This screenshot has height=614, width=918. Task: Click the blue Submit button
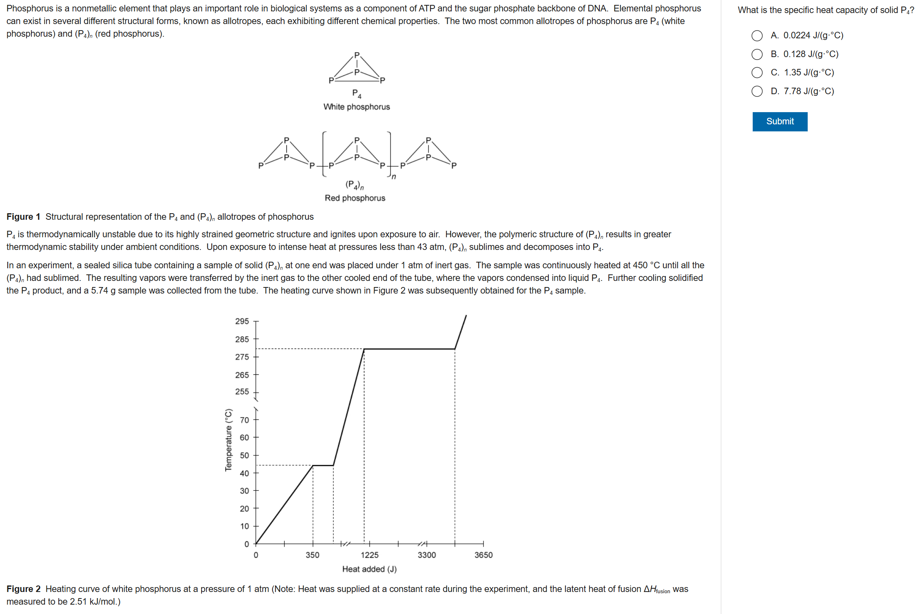coord(779,121)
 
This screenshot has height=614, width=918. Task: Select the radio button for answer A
coord(757,36)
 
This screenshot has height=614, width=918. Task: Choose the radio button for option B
coord(757,54)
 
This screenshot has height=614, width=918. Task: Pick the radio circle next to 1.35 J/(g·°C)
coord(757,73)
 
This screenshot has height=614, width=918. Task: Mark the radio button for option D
coord(757,91)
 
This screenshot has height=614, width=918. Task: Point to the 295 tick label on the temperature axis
coord(242,321)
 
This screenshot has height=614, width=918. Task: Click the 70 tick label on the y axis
coord(244,420)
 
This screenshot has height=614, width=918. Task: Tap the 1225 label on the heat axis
coord(370,555)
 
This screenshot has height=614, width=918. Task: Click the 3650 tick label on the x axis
coord(483,555)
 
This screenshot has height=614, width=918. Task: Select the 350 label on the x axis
coord(313,555)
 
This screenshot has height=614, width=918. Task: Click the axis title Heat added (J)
coord(369,569)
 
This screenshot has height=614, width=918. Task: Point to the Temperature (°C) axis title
coord(228,440)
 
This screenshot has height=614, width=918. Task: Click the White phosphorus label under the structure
coord(357,107)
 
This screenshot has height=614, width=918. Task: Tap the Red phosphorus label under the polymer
coord(355,198)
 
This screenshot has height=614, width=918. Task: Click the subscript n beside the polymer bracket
coord(394,177)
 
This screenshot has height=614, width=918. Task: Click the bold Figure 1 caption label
coord(23,217)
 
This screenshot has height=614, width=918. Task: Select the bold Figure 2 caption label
coord(23,589)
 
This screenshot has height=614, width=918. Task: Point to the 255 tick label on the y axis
coord(242,391)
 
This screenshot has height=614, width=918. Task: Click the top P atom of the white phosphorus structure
coord(357,55)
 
